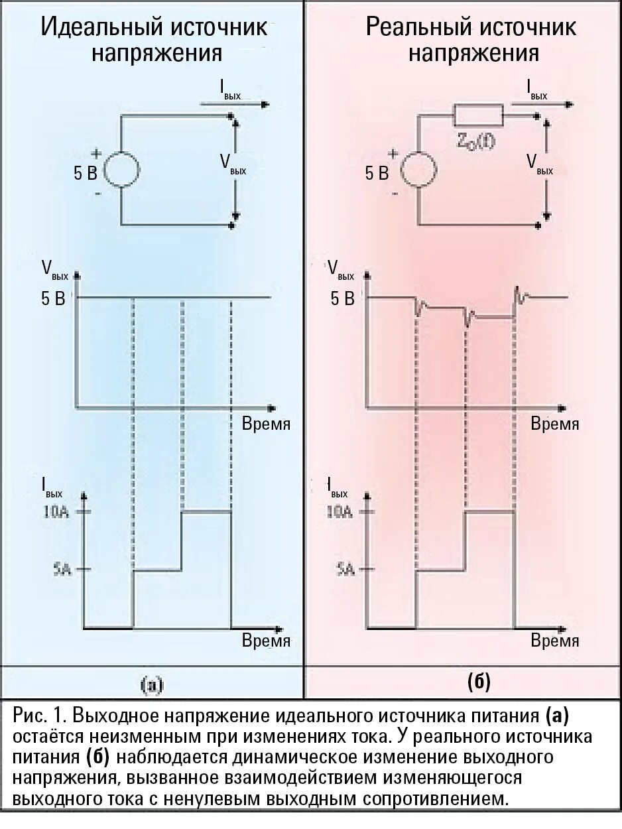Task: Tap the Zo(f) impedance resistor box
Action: tap(478, 117)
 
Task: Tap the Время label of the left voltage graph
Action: tap(266, 424)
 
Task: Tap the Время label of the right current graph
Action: tap(555, 641)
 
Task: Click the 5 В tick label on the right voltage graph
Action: tap(342, 299)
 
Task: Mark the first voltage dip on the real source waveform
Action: tap(418, 307)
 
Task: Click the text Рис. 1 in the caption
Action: tap(40, 716)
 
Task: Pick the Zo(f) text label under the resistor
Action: tap(475, 141)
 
